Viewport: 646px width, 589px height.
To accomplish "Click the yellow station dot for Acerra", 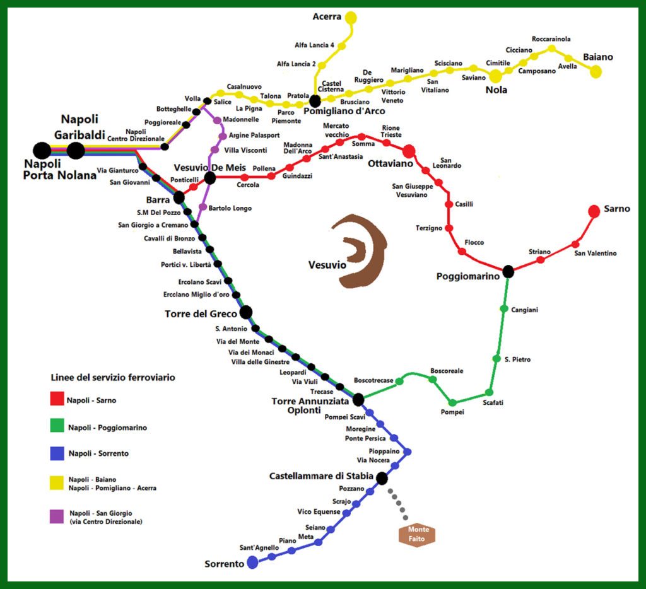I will point(351,18).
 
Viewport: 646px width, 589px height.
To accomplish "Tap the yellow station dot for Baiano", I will point(596,72).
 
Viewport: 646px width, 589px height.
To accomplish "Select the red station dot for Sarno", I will point(594,211).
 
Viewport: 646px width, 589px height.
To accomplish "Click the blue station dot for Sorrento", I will point(252,563).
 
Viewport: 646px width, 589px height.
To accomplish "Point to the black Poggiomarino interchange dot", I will point(508,272).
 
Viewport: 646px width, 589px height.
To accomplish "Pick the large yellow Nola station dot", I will point(496,76).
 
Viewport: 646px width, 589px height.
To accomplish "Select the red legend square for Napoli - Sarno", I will point(57,399).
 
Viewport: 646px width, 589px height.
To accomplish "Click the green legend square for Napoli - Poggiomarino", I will point(57,427).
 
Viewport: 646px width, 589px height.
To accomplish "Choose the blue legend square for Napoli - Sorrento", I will point(57,453).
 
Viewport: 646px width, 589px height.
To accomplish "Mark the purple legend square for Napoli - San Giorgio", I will point(57,516).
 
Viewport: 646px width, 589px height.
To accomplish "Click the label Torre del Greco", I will point(201,313).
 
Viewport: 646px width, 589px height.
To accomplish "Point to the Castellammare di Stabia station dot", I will point(381,478).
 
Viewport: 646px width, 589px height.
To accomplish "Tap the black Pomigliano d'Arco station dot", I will point(315,101).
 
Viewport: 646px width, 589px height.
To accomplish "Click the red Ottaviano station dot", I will point(408,151).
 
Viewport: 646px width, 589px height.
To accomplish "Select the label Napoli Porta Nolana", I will point(59,169).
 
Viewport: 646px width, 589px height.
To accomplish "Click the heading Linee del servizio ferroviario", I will point(112,378).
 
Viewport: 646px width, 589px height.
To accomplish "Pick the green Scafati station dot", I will point(488,392).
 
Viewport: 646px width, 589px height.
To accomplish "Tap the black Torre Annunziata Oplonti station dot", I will point(358,399).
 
